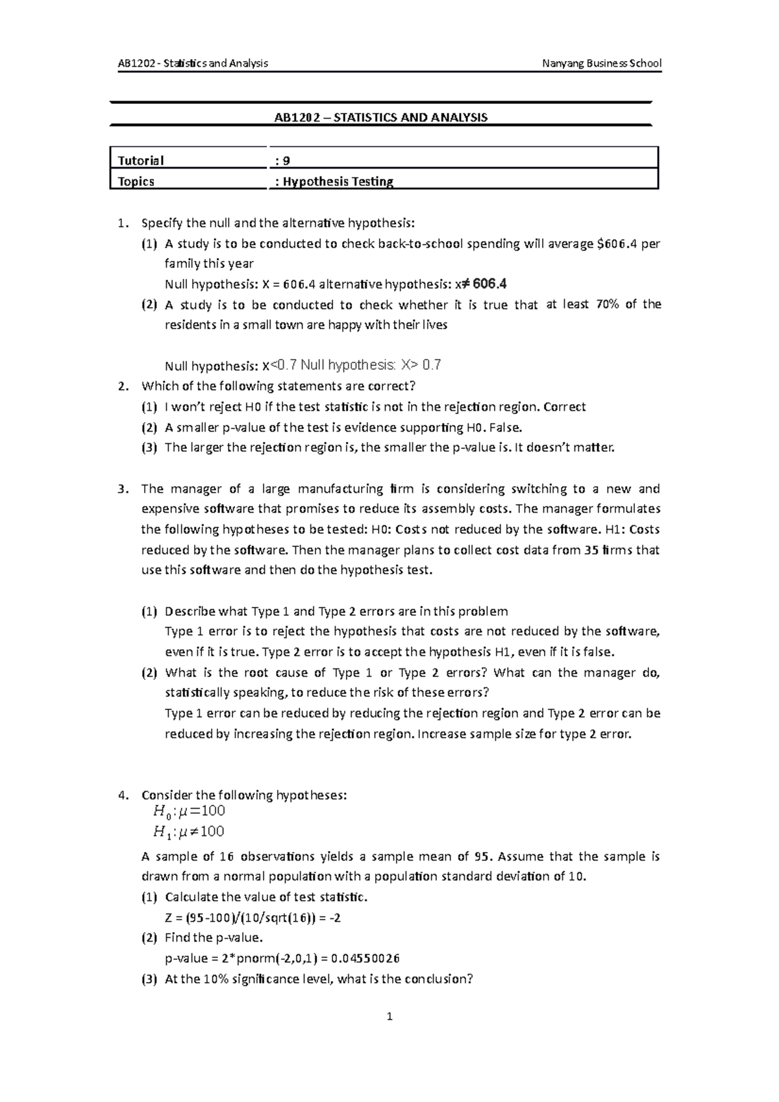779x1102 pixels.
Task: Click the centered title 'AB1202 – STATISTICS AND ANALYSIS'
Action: click(380, 117)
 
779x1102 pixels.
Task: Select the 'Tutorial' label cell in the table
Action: click(140, 160)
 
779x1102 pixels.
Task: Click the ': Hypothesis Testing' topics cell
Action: click(334, 182)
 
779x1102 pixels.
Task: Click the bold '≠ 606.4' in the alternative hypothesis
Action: click(485, 284)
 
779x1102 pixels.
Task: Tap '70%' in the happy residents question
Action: click(606, 304)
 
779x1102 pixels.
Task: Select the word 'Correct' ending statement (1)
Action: click(564, 407)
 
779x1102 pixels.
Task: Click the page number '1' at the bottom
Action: click(389, 1017)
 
